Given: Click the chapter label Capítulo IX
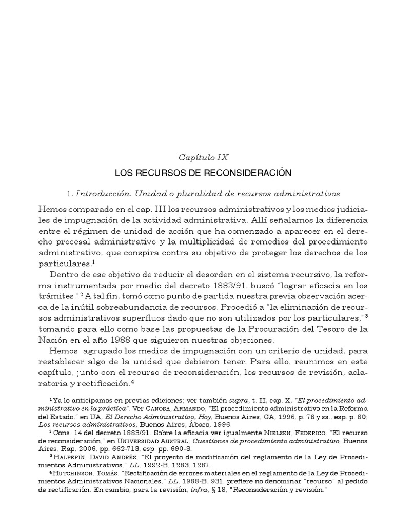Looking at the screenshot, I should [x=196, y=158].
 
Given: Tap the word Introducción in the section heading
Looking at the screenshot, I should [x=99, y=194].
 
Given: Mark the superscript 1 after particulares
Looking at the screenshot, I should [x=94, y=261].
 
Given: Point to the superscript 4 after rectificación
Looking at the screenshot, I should [x=133, y=382].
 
